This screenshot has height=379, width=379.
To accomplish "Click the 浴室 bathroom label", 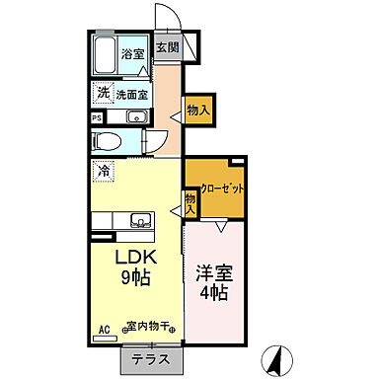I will [132, 54].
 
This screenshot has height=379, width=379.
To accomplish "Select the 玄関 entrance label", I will [168, 46].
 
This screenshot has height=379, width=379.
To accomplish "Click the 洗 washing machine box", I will [103, 93].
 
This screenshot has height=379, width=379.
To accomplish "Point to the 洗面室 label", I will [131, 95].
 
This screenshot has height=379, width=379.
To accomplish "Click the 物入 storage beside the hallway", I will [198, 111].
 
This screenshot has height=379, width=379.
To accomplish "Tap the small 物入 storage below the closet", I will [191, 203].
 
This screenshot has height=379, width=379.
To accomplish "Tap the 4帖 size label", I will [213, 294].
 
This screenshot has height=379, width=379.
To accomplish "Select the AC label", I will [103, 334].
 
